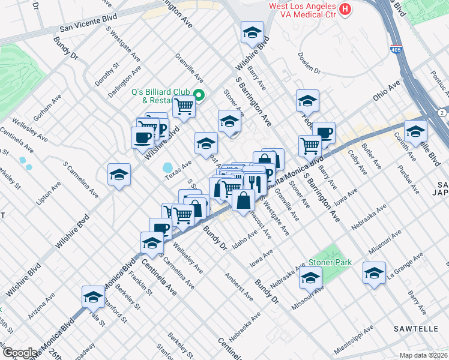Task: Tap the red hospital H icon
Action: coord(345,9)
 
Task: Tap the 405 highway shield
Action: coord(396,50)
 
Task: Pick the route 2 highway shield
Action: coord(441,113)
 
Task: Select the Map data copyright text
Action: coord(424,355)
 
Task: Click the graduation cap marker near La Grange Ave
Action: coord(375,273)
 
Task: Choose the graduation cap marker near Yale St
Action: coord(93,297)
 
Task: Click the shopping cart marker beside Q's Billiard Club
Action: coord(184,107)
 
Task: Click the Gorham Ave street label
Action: coord(44,107)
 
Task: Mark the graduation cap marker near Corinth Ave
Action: coord(415,131)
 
